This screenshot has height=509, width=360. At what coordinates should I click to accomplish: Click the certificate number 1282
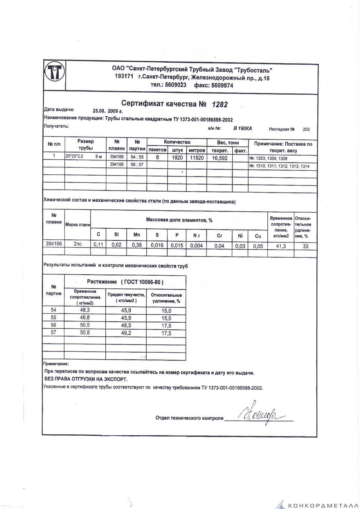pyautogui.click(x=219, y=104)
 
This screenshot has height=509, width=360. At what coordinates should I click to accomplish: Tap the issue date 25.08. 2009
pyautogui.click(x=107, y=111)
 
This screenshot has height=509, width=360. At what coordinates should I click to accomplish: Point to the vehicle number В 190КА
pyautogui.click(x=242, y=129)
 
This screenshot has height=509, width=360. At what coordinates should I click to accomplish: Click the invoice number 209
pyautogui.click(x=306, y=129)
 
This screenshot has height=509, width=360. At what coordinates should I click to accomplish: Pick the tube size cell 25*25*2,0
pyautogui.click(x=75, y=156)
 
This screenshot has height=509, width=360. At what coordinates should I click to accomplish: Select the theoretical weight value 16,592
pyautogui.click(x=219, y=158)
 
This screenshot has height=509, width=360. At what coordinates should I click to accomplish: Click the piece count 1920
pyautogui.click(x=177, y=158)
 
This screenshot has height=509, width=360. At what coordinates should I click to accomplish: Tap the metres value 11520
pyautogui.click(x=197, y=158)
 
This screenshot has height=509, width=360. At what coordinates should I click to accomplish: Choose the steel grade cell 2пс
pyautogui.click(x=78, y=244)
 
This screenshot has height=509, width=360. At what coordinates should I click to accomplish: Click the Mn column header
pyautogui.click(x=136, y=235)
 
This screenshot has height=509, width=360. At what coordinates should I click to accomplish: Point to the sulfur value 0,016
pyautogui.click(x=157, y=245)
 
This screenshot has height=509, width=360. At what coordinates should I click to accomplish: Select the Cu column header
pyautogui.click(x=258, y=236)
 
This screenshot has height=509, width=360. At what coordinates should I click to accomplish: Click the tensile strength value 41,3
pyautogui.click(x=280, y=246)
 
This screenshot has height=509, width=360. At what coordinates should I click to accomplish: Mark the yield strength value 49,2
pyautogui.click(x=126, y=333)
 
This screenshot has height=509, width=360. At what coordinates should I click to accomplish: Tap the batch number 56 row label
pyautogui.click(x=53, y=325)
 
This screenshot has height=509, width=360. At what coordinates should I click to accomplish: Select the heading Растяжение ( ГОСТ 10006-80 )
pyautogui.click(x=125, y=282)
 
